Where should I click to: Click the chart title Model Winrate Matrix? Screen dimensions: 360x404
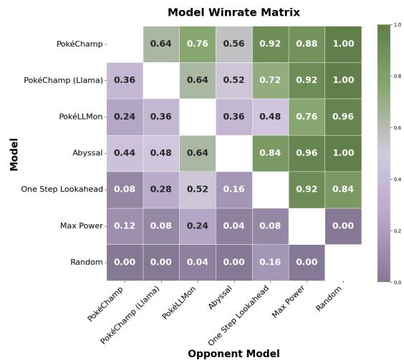click(x=234, y=12)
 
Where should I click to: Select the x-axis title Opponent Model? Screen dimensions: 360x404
click(x=234, y=353)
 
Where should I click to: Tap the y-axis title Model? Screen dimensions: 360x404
click(x=14, y=154)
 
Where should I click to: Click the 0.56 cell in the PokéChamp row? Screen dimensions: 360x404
click(x=234, y=44)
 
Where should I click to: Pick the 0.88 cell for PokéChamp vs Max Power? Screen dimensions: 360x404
click(x=307, y=44)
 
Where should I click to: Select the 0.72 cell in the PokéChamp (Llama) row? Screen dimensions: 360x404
click(x=270, y=80)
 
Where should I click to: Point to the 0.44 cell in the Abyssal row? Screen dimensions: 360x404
click(x=125, y=153)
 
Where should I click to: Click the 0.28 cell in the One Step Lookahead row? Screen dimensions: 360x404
click(x=161, y=190)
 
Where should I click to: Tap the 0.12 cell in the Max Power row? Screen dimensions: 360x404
click(x=125, y=226)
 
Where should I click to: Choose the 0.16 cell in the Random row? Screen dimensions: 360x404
click(x=270, y=262)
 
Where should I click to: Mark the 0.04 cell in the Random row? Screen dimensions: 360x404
click(x=197, y=262)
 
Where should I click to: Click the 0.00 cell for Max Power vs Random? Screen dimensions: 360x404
click(x=343, y=226)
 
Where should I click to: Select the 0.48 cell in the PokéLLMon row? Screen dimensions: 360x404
click(x=270, y=117)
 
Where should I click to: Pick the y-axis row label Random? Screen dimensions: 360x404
click(x=86, y=262)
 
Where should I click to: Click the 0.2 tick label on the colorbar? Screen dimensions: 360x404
click(x=398, y=231)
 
